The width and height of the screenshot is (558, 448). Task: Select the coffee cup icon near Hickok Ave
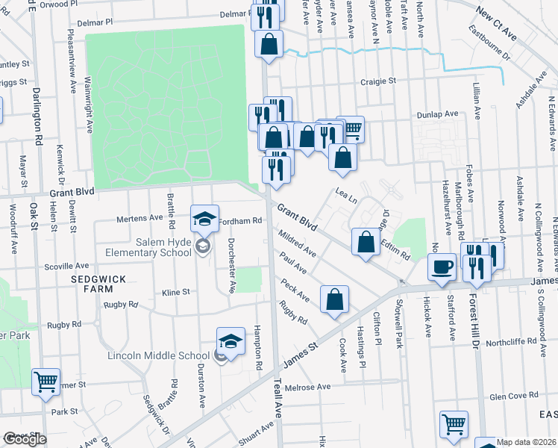pos(442,267)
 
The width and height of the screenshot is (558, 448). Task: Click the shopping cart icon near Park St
pos(46,382)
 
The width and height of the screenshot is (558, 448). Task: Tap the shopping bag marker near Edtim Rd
pos(366,243)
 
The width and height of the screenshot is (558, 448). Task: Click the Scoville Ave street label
pos(66,266)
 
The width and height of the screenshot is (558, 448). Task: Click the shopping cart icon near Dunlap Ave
pos(351,128)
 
